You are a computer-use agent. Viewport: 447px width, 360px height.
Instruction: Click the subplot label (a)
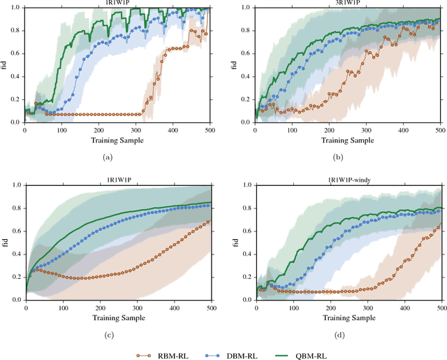click(x=108, y=158)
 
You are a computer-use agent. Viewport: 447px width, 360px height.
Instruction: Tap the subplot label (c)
click(x=108, y=335)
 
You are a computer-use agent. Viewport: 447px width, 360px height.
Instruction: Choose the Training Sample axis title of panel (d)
click(x=349, y=317)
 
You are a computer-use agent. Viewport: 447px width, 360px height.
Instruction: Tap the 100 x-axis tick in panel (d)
click(x=293, y=307)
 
